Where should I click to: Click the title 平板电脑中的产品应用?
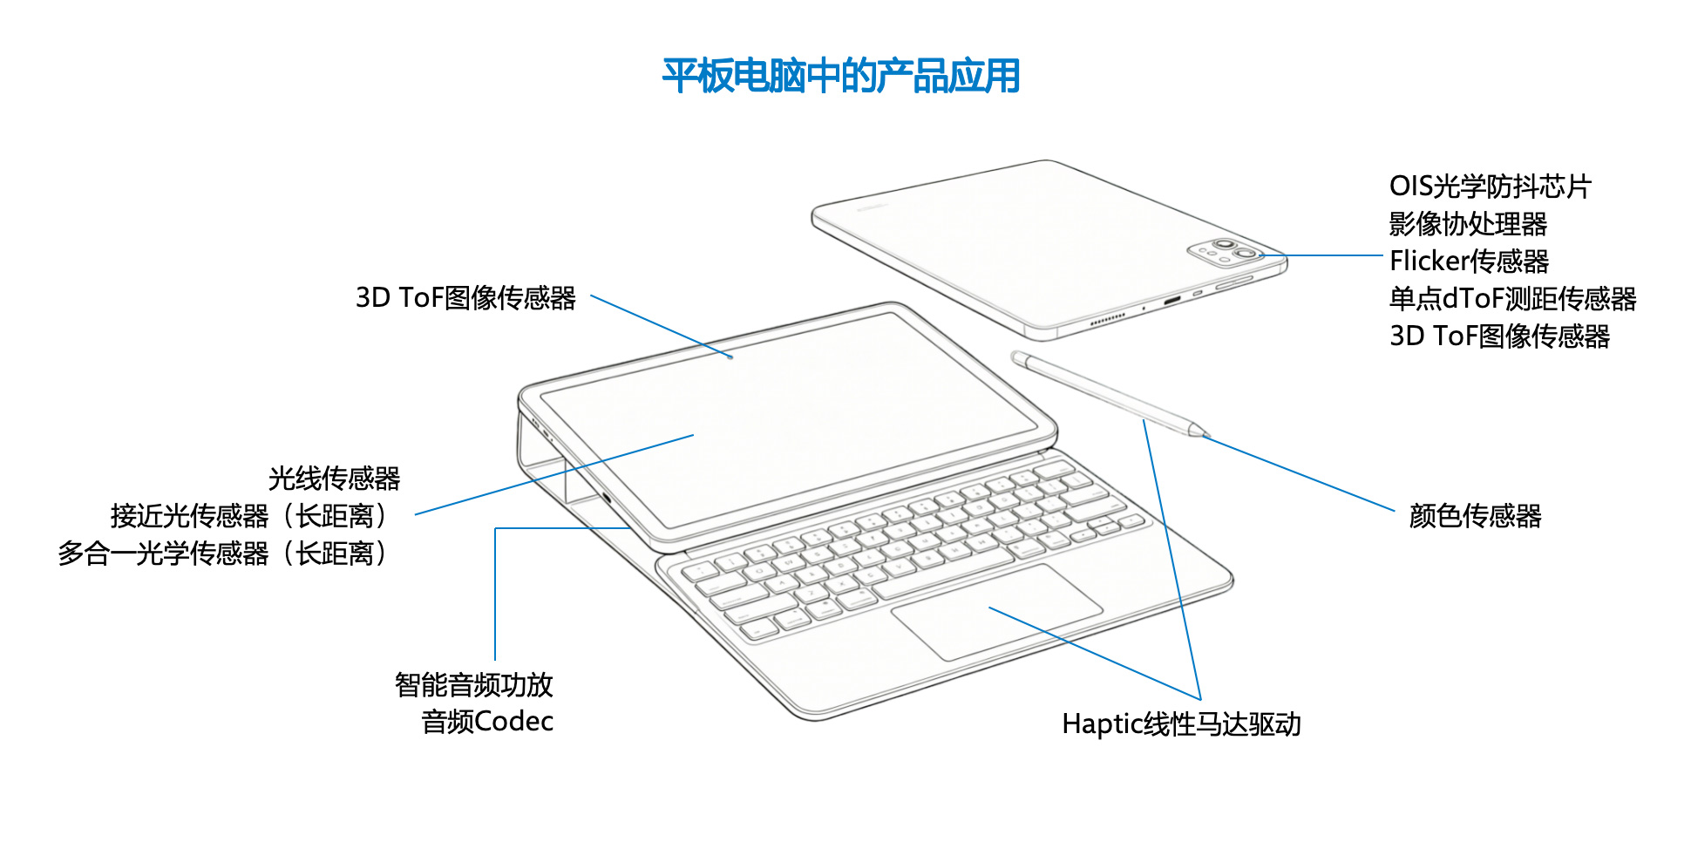[x=841, y=76]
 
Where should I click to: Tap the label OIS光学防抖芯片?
[x=1490, y=186]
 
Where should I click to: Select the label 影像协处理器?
[x=1468, y=224]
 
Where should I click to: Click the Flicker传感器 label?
[x=1469, y=261]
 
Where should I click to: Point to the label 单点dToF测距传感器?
[x=1512, y=298]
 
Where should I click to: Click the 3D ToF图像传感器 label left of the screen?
[x=465, y=298]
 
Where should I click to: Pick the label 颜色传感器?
[x=1475, y=516]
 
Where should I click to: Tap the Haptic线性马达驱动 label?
[x=1181, y=723]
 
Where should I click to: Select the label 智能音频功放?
[x=473, y=684]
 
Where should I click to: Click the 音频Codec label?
[x=487, y=722]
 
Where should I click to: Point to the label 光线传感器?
[x=334, y=478]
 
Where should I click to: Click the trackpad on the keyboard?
[x=996, y=612]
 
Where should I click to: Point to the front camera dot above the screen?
[x=730, y=357]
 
